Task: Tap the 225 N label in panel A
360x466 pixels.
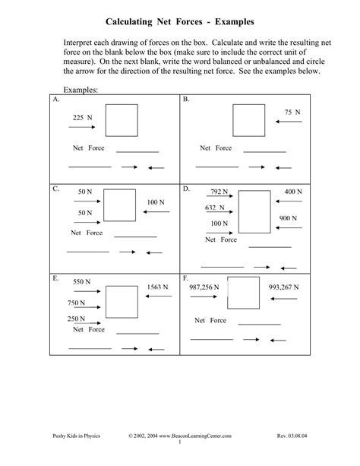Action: coord(82,118)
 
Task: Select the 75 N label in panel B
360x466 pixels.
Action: coord(292,112)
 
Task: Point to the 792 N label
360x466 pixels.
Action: coord(219,192)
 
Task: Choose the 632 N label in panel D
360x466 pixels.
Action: coord(216,208)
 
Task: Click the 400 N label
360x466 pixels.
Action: coord(294,192)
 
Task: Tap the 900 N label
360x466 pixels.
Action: coord(288,218)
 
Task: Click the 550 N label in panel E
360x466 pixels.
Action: coord(83,281)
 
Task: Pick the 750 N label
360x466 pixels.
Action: coord(77,303)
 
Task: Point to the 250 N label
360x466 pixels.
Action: coord(77,319)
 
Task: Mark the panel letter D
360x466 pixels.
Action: coord(186,187)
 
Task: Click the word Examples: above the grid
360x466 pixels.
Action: coord(82,90)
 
